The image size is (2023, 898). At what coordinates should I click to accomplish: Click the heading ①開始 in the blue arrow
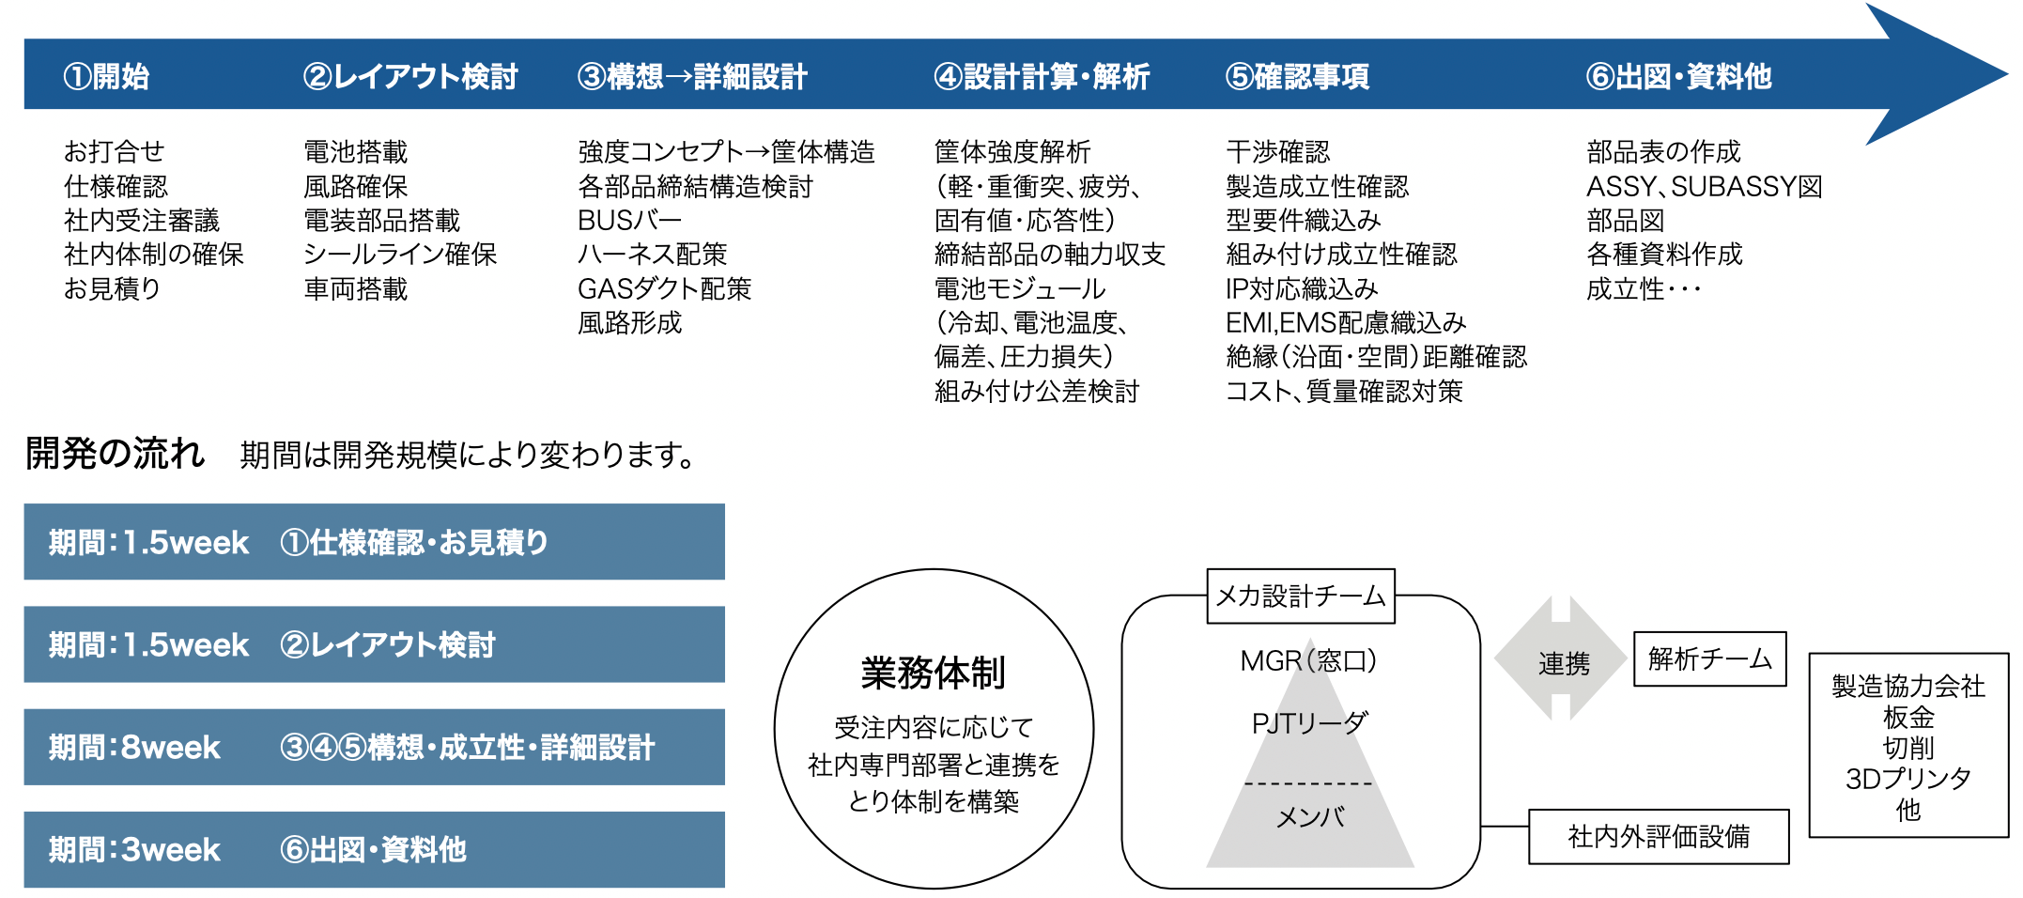106,76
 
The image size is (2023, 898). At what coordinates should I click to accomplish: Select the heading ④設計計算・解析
1042,76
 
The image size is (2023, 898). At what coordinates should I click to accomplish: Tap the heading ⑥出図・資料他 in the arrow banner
1678,76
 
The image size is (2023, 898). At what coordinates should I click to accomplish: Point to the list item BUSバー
629,220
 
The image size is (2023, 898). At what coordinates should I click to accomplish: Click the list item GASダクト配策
664,288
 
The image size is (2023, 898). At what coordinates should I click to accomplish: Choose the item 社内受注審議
141,220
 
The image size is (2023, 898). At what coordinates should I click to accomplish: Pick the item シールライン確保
400,254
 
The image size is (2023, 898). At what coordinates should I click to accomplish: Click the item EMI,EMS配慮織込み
1345,322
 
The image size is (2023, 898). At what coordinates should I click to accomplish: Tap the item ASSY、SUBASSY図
1704,186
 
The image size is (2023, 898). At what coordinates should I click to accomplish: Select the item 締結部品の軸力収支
1049,254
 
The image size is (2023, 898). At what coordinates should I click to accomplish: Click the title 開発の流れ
115,454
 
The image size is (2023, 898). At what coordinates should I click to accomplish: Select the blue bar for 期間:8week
374,747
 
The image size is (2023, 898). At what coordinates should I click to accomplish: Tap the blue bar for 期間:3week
374,849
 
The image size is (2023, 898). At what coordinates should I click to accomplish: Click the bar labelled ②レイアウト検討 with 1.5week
374,644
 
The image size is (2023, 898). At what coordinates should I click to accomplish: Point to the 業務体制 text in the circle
933,673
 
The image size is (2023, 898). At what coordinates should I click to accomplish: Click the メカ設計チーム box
1300,596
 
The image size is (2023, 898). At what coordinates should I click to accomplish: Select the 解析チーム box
1709,658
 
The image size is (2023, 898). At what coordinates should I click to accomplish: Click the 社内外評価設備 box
1659,836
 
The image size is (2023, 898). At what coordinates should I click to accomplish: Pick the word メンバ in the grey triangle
1310,817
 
